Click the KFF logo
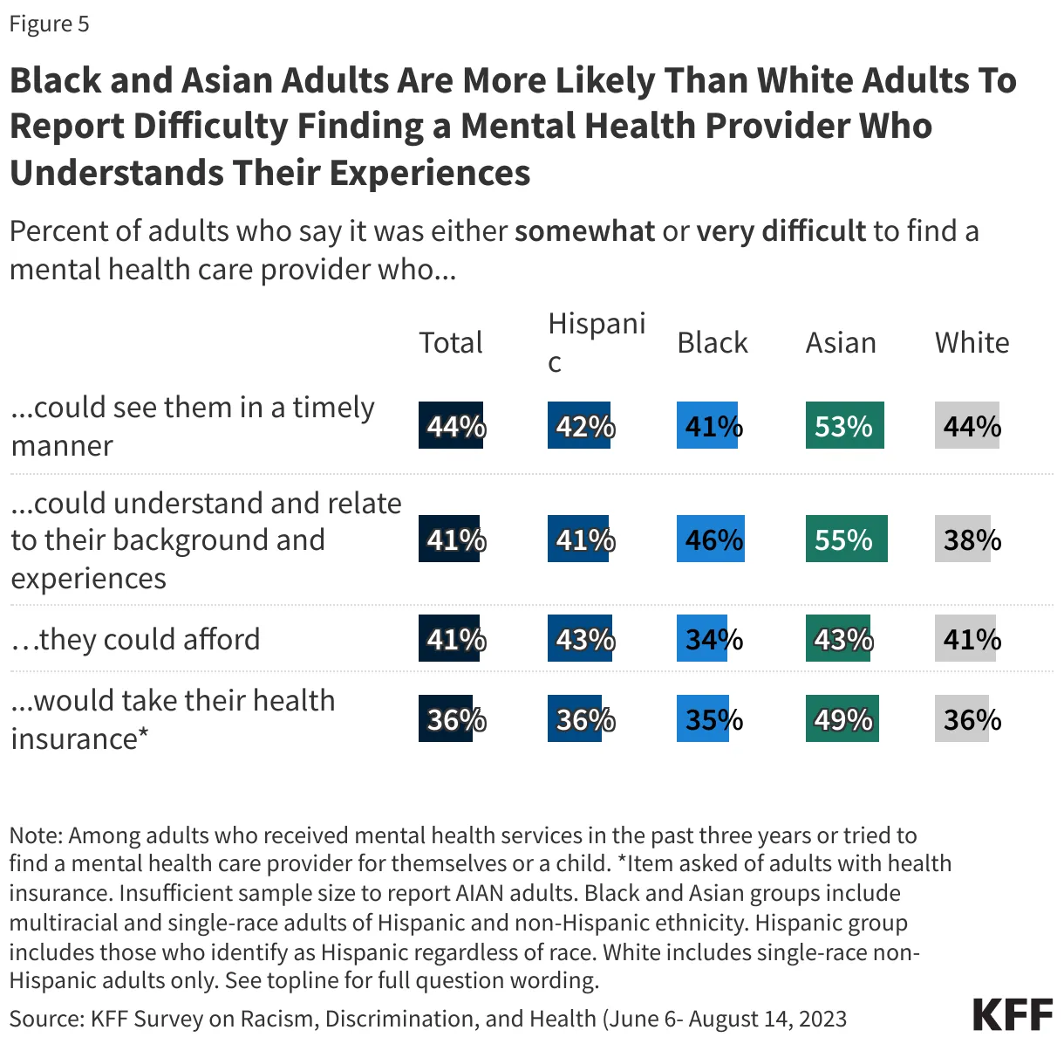[1012, 1015]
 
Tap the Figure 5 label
[49, 24]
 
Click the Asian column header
[841, 343]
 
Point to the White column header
[972, 343]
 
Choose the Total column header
[450, 343]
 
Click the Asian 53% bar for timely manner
[844, 426]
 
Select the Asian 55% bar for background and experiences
[846, 539]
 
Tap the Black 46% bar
[711, 539]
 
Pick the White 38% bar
[964, 539]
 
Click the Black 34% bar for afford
[703, 639]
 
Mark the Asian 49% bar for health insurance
[842, 719]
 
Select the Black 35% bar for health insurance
[703, 719]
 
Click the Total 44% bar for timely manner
[451, 426]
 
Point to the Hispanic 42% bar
[579, 426]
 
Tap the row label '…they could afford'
[135, 639]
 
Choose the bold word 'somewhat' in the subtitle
[584, 231]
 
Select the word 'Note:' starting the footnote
[36, 835]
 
